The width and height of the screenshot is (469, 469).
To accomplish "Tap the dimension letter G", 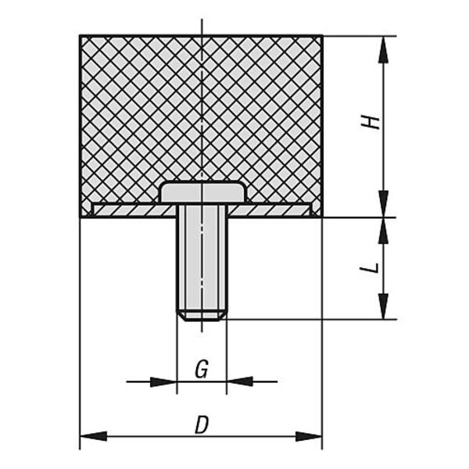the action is point(202,369).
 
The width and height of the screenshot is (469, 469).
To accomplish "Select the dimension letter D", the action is point(202,425).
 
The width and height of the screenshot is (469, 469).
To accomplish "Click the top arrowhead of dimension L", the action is point(383,231).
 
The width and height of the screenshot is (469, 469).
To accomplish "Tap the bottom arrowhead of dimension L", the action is point(383,306).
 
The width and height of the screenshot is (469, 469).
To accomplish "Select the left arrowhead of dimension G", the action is point(163,381).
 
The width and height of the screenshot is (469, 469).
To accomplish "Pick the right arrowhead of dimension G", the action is point(240,381).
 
